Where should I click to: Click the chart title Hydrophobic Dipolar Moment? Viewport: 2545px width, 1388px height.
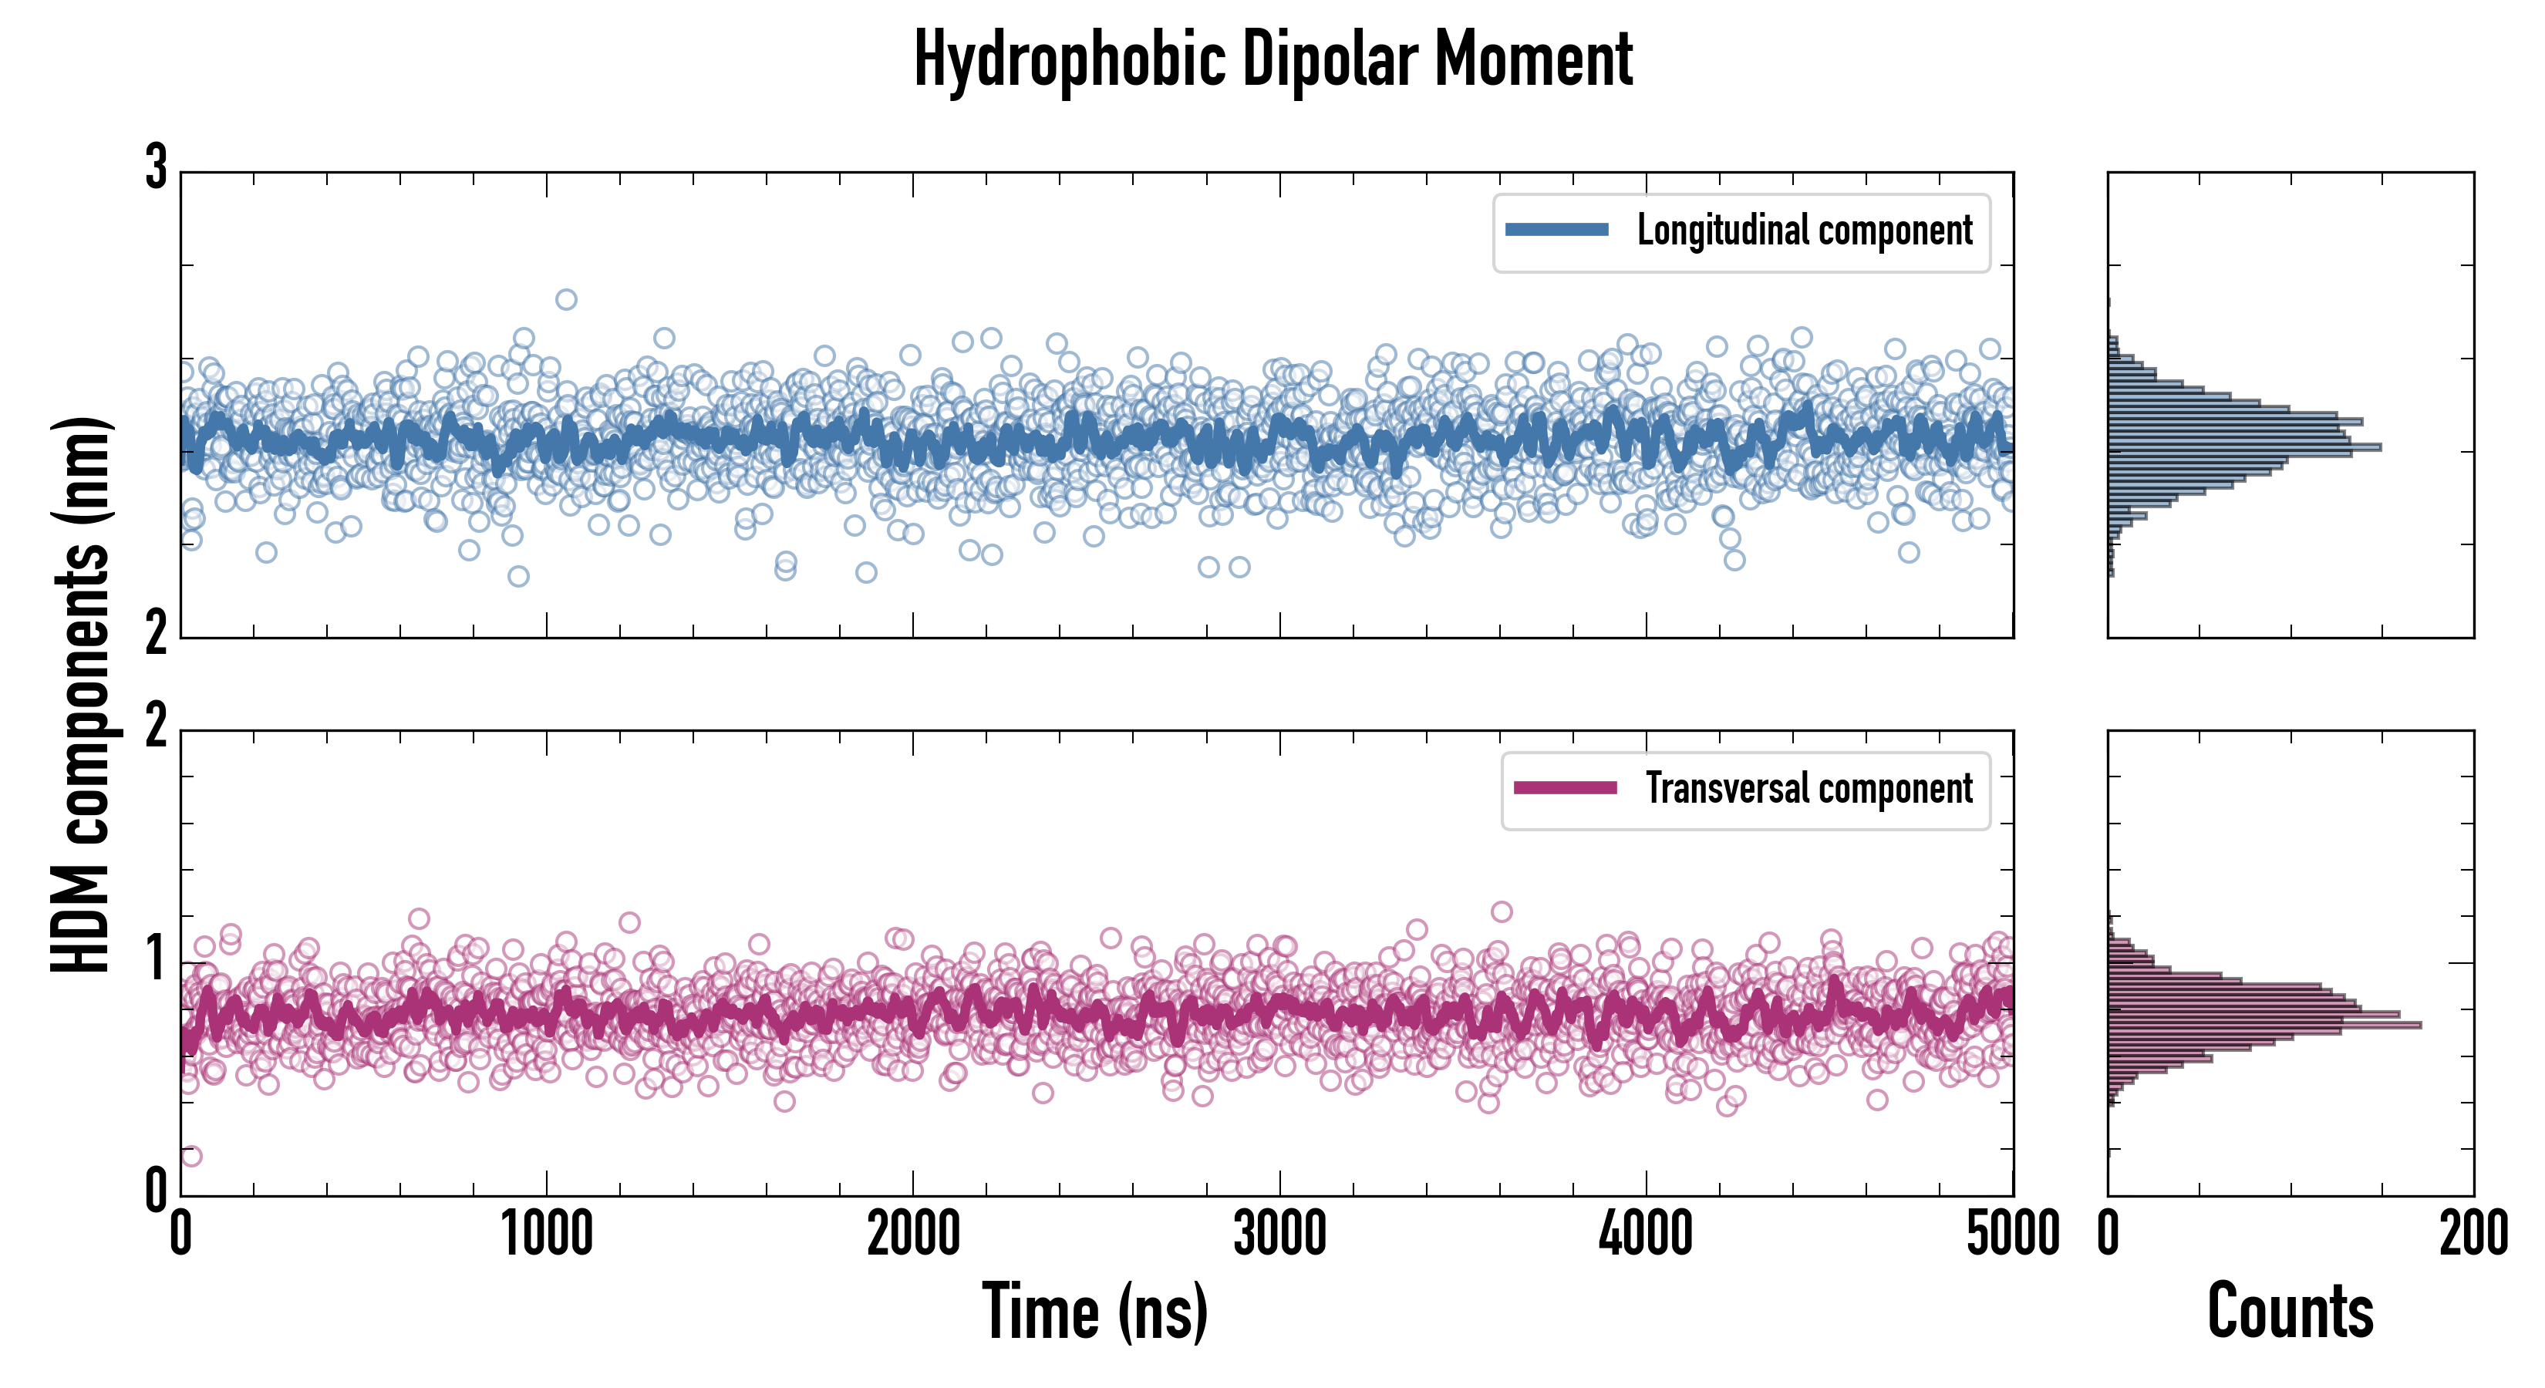[1272, 59]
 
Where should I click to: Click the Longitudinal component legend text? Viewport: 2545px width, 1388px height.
[1804, 231]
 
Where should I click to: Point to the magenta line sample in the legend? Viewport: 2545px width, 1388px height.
[1565, 788]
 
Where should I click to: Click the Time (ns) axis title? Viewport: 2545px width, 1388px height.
[1094, 1312]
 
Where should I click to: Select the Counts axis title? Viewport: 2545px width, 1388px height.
[2290, 1312]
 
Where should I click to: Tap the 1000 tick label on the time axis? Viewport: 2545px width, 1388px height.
[546, 1235]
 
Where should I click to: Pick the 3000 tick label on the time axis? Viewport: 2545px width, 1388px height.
[1279, 1235]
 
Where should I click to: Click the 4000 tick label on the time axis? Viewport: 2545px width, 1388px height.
[1646, 1235]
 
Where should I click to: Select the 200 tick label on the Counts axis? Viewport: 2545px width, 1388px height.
[2473, 1235]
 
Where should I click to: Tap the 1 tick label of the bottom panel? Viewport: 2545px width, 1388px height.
[156, 958]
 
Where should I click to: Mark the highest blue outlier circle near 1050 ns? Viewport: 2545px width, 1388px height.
[566, 299]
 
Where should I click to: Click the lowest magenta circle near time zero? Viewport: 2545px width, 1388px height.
[192, 1156]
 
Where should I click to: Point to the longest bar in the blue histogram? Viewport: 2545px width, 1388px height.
[2243, 447]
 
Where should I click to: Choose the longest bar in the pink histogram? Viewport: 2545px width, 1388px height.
[2263, 1025]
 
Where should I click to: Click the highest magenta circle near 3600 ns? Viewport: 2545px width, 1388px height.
[1502, 911]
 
